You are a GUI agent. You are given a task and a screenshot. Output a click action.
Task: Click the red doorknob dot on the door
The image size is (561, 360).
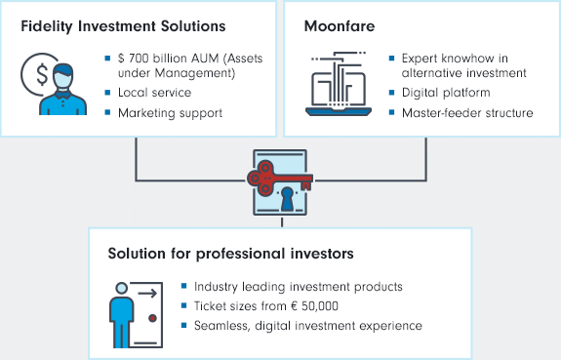tap(151, 318)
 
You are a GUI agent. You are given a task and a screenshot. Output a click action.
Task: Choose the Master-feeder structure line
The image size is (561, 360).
tap(467, 113)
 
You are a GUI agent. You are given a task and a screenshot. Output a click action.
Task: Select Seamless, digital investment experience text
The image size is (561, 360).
tap(308, 324)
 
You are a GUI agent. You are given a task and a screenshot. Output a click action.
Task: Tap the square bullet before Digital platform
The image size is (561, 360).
tap(391, 94)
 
